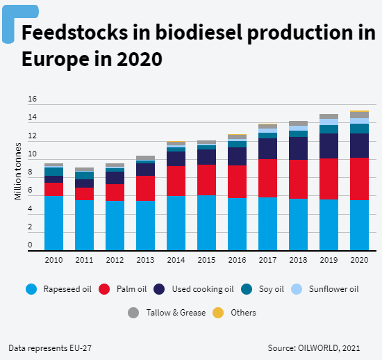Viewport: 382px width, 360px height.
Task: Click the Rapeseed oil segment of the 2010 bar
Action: (x=53, y=222)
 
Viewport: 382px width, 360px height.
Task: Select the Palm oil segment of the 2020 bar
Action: (x=359, y=179)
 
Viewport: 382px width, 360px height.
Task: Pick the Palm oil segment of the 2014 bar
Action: (x=176, y=181)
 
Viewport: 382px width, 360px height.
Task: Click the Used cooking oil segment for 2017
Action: (x=267, y=149)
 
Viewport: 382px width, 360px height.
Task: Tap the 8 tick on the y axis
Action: (x=30, y=172)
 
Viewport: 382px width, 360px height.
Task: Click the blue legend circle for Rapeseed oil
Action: (x=30, y=289)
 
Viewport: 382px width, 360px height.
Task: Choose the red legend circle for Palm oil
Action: (x=105, y=289)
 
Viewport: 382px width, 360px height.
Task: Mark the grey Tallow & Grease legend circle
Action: (x=133, y=313)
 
